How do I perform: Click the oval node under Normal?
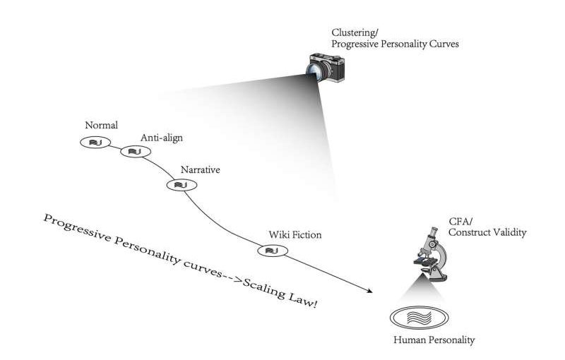click(x=94, y=143)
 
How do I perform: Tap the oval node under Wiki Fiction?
click(x=270, y=250)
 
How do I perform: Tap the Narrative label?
click(x=200, y=170)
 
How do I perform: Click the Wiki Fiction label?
click(x=295, y=234)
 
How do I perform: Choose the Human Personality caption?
click(x=434, y=341)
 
